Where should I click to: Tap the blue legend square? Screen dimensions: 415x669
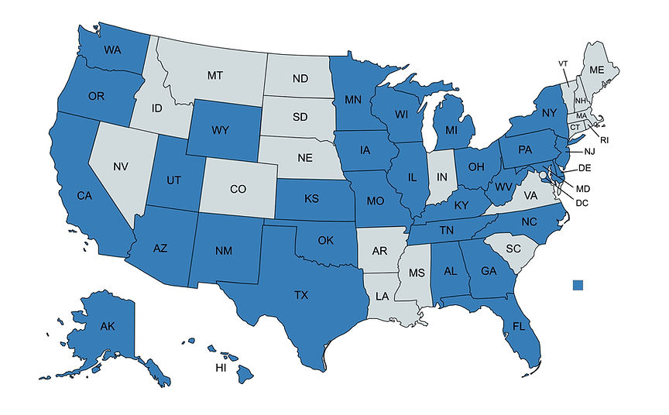(578, 286)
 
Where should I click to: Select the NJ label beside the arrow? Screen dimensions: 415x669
(590, 151)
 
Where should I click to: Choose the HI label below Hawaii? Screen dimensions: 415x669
(221, 368)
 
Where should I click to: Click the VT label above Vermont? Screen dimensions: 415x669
(563, 63)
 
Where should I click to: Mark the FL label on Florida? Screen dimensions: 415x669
(521, 328)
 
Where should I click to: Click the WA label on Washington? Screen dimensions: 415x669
(113, 50)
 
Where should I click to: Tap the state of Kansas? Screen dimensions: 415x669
(312, 200)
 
